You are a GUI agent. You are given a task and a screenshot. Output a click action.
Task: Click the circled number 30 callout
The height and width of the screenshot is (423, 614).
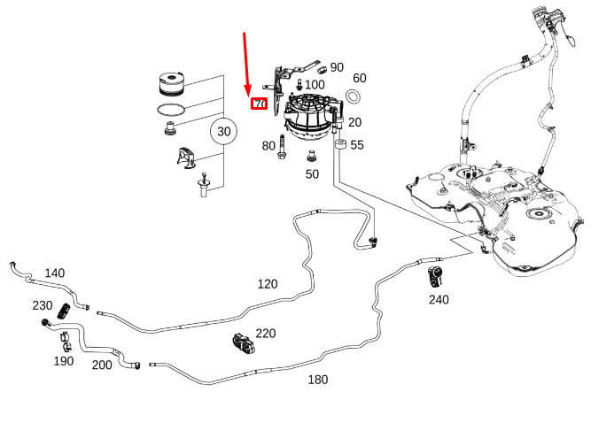[224, 132]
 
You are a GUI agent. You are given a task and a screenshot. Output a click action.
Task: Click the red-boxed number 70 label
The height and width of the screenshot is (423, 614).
[260, 104]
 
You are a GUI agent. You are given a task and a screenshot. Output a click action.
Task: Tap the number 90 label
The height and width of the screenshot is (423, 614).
[337, 67]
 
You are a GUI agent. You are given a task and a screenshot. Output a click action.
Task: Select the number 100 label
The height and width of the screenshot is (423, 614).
[315, 84]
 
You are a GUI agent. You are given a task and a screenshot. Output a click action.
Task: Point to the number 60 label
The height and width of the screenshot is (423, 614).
[360, 78]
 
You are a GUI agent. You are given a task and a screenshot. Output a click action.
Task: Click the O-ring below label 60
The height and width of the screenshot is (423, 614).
[354, 96]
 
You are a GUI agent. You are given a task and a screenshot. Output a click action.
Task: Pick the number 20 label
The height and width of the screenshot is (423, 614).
[355, 122]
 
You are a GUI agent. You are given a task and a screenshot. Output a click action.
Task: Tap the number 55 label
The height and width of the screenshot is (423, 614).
[357, 145]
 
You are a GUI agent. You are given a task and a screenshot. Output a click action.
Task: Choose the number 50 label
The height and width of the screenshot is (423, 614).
[312, 174]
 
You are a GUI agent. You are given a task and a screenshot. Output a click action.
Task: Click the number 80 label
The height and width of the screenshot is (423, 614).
[268, 146]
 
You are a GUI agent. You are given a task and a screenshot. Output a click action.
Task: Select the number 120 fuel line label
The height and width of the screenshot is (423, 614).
[268, 284]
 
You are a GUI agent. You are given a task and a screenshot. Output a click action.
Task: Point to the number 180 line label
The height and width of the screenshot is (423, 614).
[317, 380]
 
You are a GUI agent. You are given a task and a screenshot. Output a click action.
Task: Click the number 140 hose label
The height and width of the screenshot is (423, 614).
[54, 273]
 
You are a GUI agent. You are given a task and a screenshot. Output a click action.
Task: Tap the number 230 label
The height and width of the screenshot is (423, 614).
[43, 306]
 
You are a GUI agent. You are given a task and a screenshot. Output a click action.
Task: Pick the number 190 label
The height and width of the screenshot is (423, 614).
[63, 361]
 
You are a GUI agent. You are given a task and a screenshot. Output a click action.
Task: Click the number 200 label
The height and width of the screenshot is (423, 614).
[102, 365]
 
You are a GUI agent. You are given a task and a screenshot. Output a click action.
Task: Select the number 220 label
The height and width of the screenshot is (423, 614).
[266, 334]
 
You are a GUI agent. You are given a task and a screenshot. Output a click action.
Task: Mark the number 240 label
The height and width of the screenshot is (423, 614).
[439, 300]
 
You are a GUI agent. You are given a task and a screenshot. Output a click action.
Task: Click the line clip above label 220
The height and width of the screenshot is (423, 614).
[243, 342]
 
